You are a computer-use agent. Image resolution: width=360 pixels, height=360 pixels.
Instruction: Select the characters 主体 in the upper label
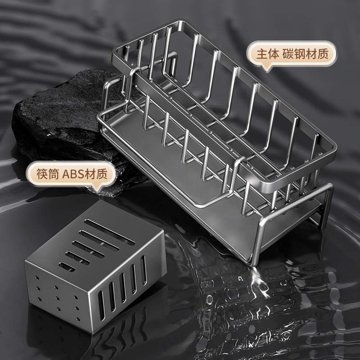tap(267, 54)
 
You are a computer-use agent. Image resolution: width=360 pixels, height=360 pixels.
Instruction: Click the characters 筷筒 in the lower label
tap(48, 174)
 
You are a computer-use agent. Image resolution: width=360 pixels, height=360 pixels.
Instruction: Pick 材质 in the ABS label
tap(96, 174)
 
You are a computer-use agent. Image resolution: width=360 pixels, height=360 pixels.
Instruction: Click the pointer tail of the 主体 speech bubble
tap(266, 68)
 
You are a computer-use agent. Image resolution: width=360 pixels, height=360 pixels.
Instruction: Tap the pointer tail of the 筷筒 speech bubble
tap(97, 188)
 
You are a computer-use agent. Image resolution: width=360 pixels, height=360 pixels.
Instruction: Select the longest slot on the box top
tap(109, 232)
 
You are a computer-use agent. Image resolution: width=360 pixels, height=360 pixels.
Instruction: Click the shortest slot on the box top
tap(67, 267)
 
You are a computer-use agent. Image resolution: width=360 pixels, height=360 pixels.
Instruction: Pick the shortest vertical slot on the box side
tap(143, 270)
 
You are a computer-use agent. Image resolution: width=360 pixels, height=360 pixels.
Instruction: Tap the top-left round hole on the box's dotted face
tap(37, 277)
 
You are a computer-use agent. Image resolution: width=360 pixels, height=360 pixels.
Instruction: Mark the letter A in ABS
tap(66, 174)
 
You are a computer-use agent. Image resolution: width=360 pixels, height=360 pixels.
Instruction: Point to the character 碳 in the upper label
tap(288, 54)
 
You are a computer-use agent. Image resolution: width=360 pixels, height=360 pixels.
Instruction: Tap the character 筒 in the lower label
tap(54, 174)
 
